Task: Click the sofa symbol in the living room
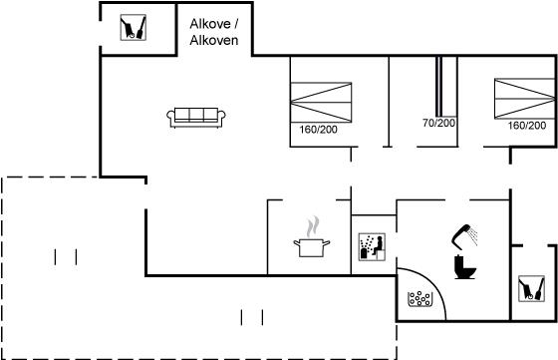pyautogui.click(x=196, y=118)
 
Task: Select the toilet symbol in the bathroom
pyautogui.click(x=464, y=267)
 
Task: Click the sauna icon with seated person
pyautogui.click(x=372, y=246)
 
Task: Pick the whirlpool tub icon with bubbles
pyautogui.click(x=419, y=299)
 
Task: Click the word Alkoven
pyautogui.click(x=214, y=40)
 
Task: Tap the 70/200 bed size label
pyautogui.click(x=438, y=123)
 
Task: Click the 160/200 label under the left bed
pyautogui.click(x=318, y=130)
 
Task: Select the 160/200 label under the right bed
pyautogui.click(x=527, y=126)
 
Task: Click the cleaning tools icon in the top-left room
pyautogui.click(x=134, y=27)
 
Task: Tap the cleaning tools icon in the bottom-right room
pyautogui.click(x=531, y=288)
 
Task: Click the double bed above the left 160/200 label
pyautogui.click(x=321, y=103)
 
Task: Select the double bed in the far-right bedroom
pyautogui.click(x=525, y=99)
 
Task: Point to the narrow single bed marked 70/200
pyautogui.click(x=439, y=87)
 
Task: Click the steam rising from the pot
pyautogui.click(x=313, y=226)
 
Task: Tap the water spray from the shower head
pyautogui.click(x=473, y=236)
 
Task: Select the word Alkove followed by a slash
pyautogui.click(x=214, y=24)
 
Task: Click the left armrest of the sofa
pyautogui.click(x=170, y=117)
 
